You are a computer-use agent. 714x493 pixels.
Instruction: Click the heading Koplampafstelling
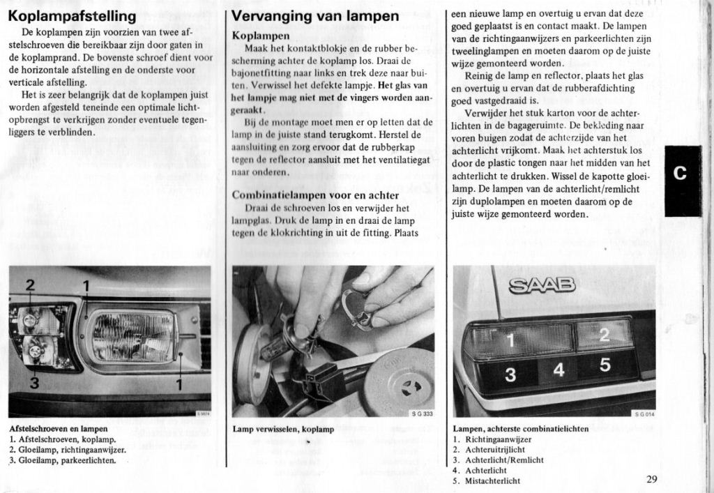point(73,15)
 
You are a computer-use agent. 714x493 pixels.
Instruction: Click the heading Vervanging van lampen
point(314,15)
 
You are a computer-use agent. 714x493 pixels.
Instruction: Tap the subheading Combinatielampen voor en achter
point(314,195)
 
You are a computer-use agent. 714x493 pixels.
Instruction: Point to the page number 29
point(652,478)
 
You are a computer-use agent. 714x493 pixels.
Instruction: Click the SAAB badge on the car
point(542,284)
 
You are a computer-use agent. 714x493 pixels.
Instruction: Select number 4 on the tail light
point(559,370)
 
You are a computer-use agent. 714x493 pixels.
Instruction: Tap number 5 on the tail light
point(605,365)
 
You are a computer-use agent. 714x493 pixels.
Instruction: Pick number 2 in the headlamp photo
point(31,284)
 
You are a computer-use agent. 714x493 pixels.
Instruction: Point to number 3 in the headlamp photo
point(34,383)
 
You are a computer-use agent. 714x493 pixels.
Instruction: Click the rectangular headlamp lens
point(133,336)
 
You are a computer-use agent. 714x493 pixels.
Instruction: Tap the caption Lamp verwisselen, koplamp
point(283,430)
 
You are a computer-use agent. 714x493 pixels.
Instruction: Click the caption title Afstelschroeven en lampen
point(59,428)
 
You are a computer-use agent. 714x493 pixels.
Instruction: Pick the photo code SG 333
point(421,414)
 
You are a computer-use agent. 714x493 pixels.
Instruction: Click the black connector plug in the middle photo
point(324,380)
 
